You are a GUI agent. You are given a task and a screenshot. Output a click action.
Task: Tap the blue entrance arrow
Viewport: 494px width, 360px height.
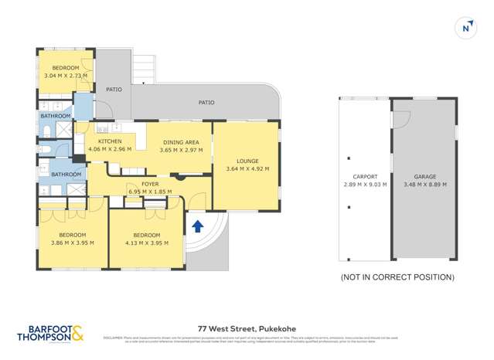pyautogui.click(x=197, y=226)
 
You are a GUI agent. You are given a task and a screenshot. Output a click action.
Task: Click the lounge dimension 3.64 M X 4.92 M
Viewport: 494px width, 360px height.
pyautogui.click(x=247, y=169)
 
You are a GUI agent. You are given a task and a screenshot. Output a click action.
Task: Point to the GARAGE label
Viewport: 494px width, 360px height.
pyautogui.click(x=424, y=177)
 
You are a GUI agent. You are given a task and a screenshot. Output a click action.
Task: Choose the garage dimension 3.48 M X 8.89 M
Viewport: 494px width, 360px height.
pyautogui.click(x=424, y=185)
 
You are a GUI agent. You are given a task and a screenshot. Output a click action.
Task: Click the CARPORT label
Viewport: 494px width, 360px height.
pyautogui.click(x=365, y=177)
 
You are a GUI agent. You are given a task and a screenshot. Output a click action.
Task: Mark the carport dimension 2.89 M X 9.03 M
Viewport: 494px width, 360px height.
pyautogui.click(x=365, y=185)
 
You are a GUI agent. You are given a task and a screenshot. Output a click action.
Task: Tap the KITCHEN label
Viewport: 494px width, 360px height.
pyautogui.click(x=111, y=141)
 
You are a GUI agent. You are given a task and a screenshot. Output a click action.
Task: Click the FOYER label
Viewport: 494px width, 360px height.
pyautogui.click(x=151, y=185)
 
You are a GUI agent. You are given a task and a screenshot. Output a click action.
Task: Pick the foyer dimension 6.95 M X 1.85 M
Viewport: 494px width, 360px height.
pyautogui.click(x=151, y=192)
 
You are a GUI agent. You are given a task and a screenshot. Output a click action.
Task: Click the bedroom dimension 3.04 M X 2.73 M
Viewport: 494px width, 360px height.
pyautogui.click(x=66, y=77)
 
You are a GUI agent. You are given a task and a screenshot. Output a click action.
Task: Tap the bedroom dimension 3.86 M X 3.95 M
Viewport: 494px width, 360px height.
pyautogui.click(x=72, y=243)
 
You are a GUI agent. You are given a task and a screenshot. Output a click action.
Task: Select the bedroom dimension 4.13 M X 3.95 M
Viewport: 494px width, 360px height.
pyautogui.click(x=146, y=243)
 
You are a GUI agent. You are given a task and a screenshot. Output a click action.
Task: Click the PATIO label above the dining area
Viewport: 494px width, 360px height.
pyautogui.click(x=206, y=102)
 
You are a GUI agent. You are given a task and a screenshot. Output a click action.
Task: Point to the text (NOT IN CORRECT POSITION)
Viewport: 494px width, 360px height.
pyautogui.click(x=397, y=277)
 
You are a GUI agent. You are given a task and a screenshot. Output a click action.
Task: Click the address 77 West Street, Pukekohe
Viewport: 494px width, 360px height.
pyautogui.click(x=246, y=328)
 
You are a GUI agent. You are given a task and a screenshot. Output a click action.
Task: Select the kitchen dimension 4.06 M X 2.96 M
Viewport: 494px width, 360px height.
pyautogui.click(x=111, y=149)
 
